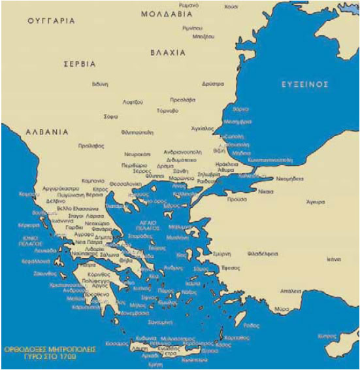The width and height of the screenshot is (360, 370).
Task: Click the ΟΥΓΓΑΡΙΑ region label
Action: (51, 21)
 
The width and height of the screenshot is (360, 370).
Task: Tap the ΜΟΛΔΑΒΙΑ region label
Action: (168, 13)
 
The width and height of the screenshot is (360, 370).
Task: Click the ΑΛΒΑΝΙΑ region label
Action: (47, 131)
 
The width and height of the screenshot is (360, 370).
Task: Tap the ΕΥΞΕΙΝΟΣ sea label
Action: (304, 84)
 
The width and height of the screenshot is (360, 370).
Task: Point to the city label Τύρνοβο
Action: (167, 111)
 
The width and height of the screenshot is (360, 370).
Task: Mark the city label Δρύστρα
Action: (213, 84)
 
